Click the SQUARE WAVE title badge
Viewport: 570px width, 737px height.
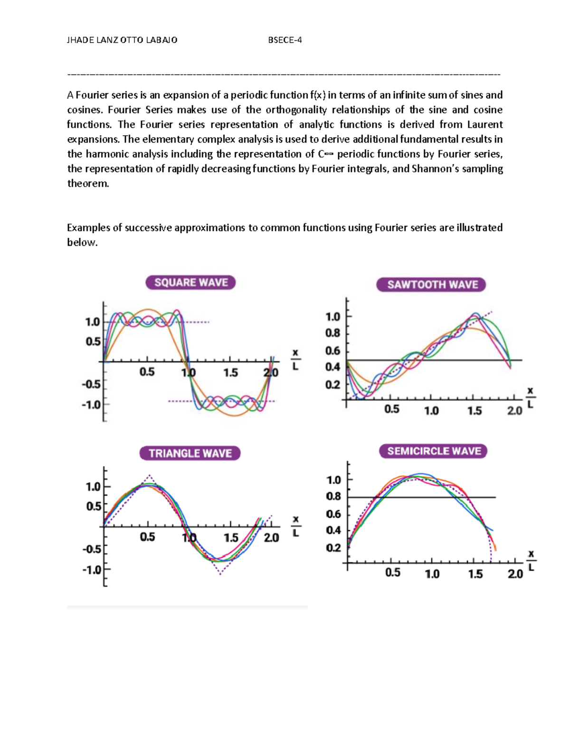click(x=190, y=283)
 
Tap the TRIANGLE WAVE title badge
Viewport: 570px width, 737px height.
click(x=190, y=453)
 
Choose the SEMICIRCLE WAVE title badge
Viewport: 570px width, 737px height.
click(x=434, y=451)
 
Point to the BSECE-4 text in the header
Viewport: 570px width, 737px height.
click(x=285, y=40)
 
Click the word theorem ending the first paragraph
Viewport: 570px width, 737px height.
click(x=88, y=183)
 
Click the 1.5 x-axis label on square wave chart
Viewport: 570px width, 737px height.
click(x=230, y=373)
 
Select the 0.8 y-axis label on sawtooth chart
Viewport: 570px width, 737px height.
click(x=332, y=333)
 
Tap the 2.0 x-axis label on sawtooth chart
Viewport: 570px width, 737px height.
click(x=514, y=410)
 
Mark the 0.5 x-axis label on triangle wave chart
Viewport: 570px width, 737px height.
click(x=147, y=537)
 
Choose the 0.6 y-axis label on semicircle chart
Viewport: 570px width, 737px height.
click(x=333, y=514)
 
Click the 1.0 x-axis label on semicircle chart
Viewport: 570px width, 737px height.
click(x=432, y=574)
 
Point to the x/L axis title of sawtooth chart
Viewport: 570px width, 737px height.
click(x=530, y=398)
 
